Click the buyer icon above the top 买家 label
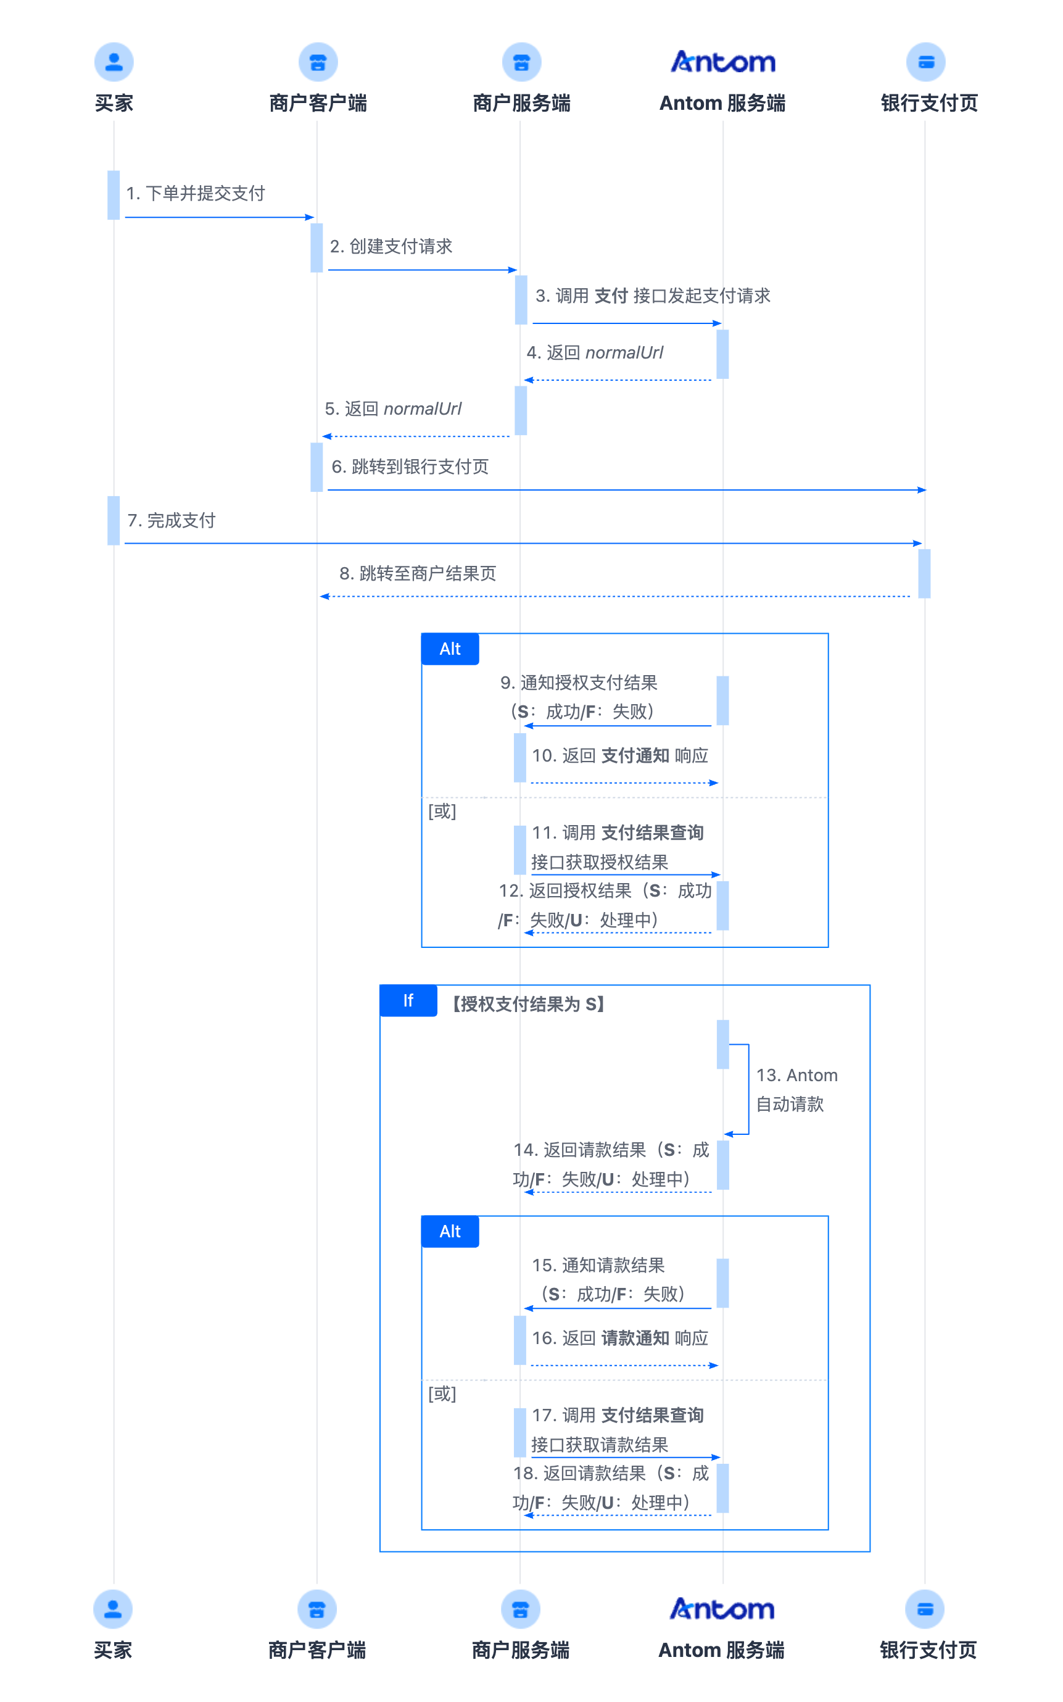coord(114,62)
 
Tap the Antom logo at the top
coord(722,62)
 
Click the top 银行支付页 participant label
coord(929,103)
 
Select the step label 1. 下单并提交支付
coord(196,193)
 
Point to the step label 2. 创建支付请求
coord(391,246)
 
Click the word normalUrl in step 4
coord(624,352)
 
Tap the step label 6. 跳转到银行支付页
coord(410,466)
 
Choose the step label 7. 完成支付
coord(171,520)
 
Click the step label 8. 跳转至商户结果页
coord(418,574)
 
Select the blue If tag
coord(408,1000)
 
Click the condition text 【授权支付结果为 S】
coord(528,1004)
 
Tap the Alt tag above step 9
coord(450,649)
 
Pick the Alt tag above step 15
coord(450,1232)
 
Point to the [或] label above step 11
coord(442,812)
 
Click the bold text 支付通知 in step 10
coord(635,756)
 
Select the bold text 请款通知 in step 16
coord(635,1338)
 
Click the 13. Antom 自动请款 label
coord(796,1090)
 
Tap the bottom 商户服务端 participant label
coord(520,1650)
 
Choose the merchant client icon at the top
coord(318,62)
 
